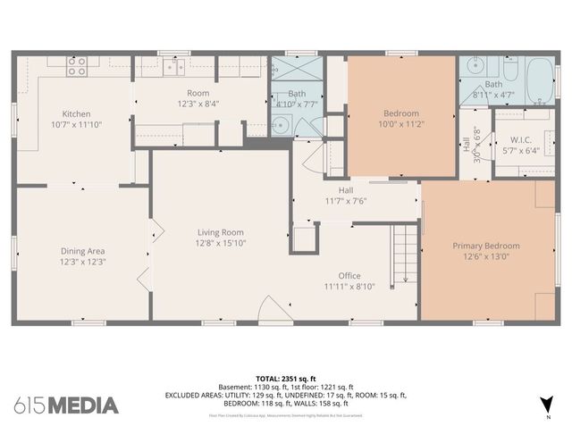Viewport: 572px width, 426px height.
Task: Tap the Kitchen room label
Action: pos(76,113)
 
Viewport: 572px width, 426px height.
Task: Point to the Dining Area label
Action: pos(83,251)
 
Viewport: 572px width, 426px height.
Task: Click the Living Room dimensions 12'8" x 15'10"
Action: pos(221,243)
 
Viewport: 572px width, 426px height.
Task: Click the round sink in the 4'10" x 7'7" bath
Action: pos(281,125)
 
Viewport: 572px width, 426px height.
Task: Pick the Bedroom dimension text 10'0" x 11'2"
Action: pos(400,125)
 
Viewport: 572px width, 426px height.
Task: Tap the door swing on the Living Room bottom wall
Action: pos(271,309)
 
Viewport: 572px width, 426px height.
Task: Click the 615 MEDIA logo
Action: pos(67,405)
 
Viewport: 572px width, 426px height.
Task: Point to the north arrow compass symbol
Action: pos(547,404)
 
